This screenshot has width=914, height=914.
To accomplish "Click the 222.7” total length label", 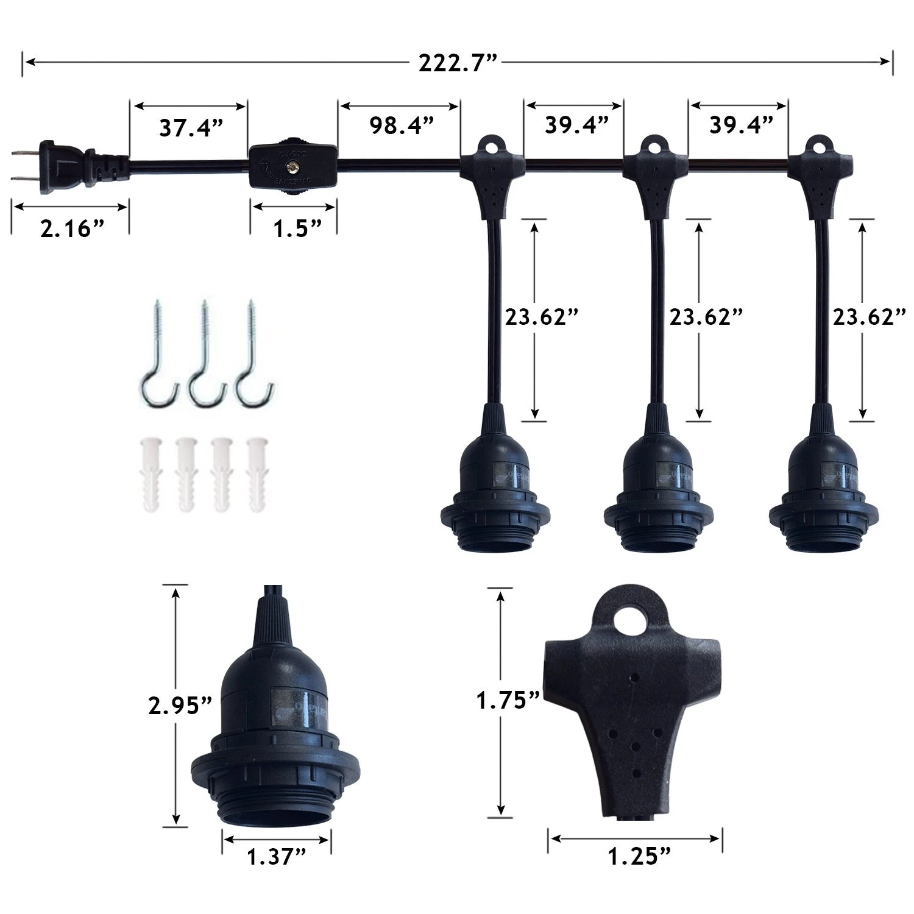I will click(x=458, y=63).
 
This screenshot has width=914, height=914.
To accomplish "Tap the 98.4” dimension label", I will click(x=401, y=126).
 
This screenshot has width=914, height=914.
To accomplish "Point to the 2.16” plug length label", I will click(x=73, y=229).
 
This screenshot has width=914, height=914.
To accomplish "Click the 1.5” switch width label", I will click(x=297, y=229).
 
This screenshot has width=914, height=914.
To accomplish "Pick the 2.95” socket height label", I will click(x=180, y=706).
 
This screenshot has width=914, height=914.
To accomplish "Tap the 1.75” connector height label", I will click(x=508, y=701).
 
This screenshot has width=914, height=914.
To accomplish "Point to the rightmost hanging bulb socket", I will click(x=814, y=494).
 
